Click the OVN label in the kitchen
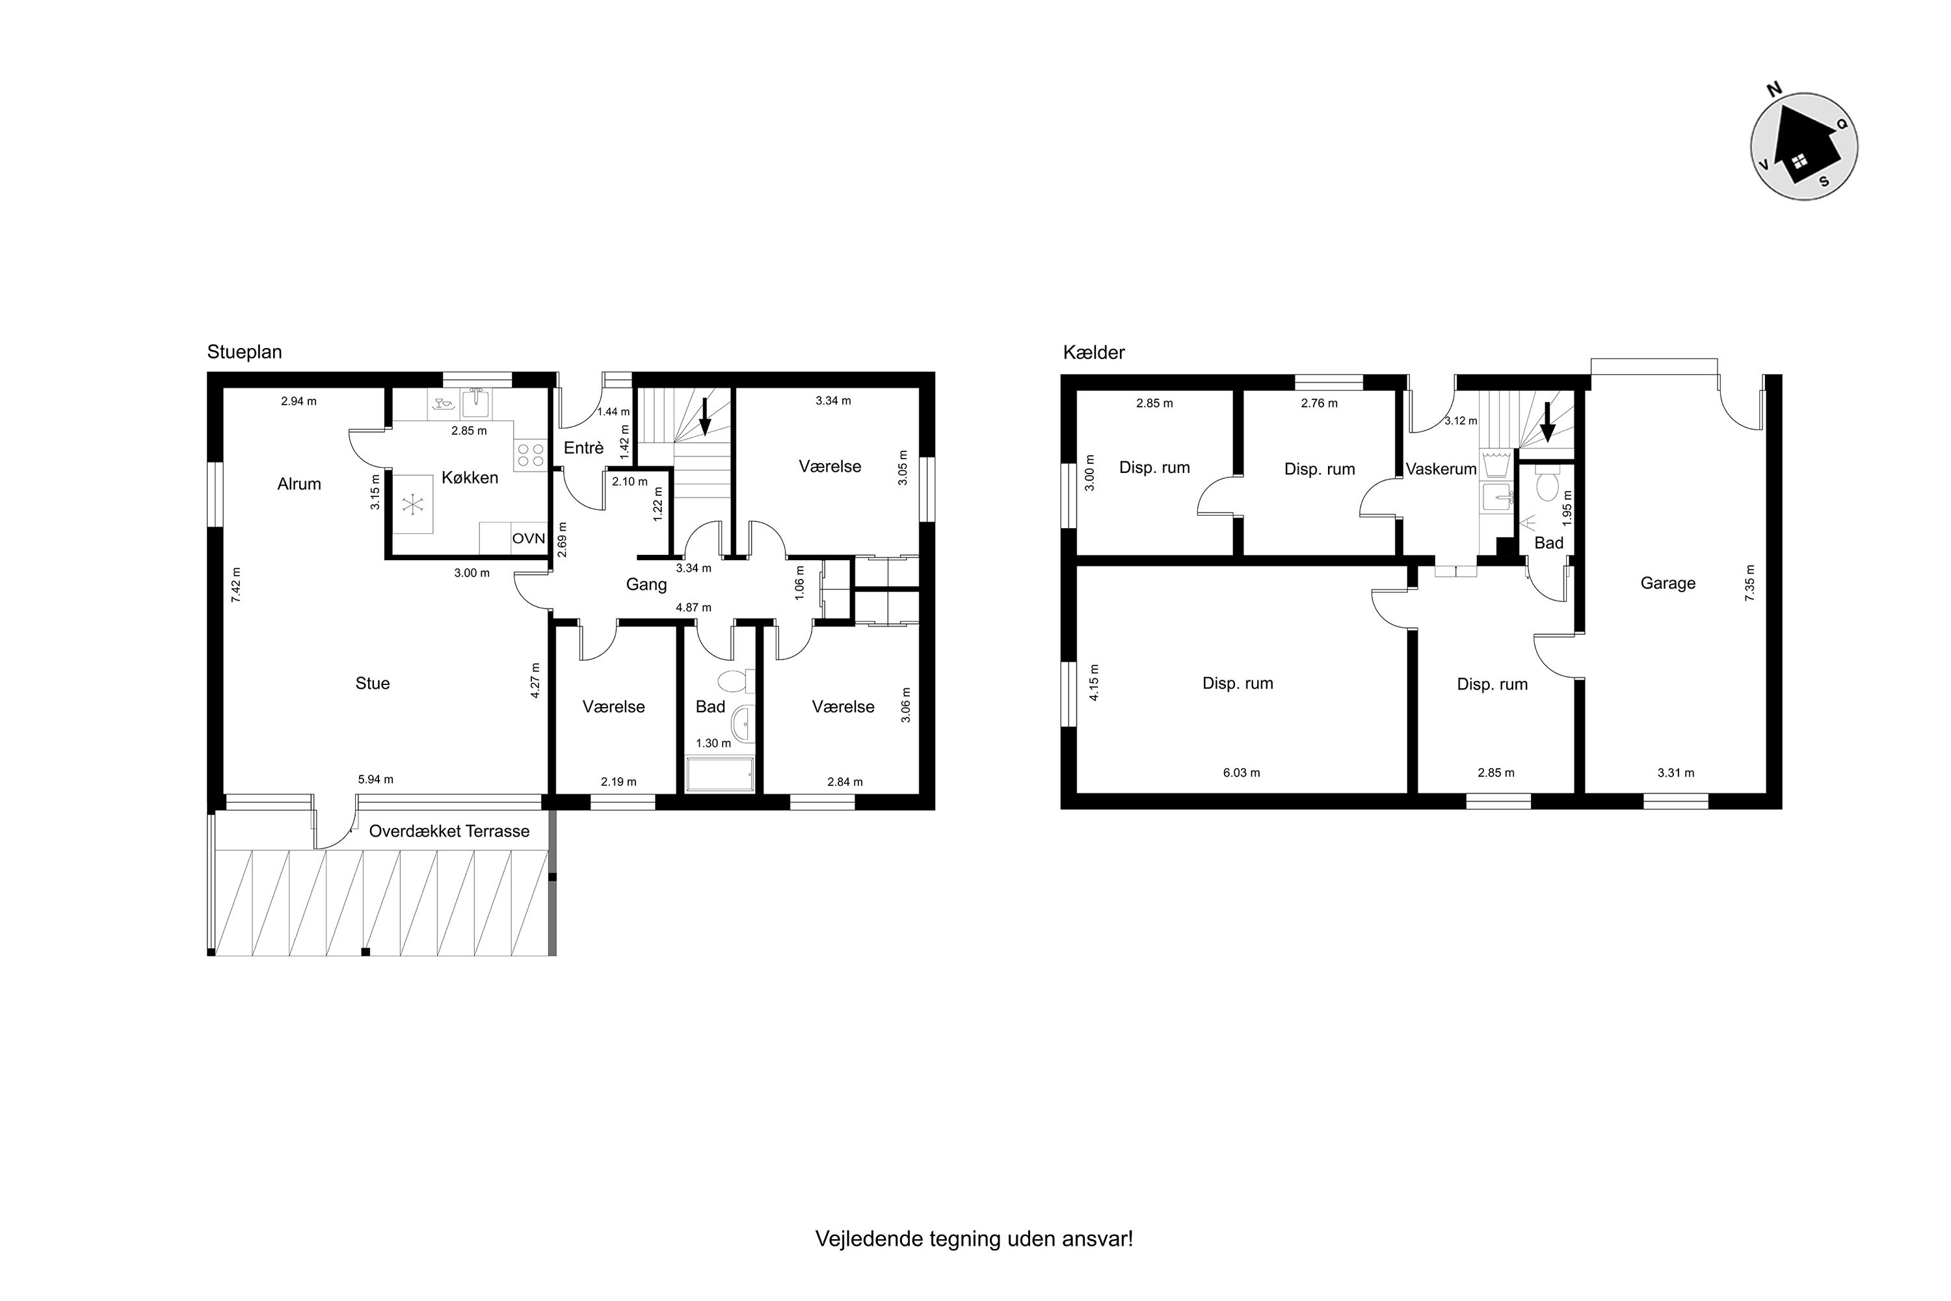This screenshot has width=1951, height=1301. click(x=528, y=539)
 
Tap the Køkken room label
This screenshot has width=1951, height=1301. click(x=470, y=478)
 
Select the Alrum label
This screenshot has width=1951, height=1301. click(x=299, y=485)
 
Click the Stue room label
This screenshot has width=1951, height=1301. click(x=373, y=684)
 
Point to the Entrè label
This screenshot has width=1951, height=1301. click(x=583, y=448)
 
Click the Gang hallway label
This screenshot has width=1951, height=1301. click(x=646, y=585)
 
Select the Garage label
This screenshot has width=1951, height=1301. click(x=1668, y=583)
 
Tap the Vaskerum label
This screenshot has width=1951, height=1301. click(x=1441, y=469)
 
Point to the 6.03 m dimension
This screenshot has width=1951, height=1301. click(x=1241, y=773)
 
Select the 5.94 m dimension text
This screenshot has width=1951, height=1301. click(x=376, y=780)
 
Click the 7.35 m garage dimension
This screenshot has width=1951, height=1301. click(x=1750, y=583)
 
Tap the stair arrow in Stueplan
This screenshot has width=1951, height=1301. click(x=705, y=416)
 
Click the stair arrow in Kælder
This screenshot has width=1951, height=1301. click(x=1547, y=423)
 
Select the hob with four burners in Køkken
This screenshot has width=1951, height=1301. click(x=531, y=455)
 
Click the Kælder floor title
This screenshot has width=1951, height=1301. click(x=1093, y=353)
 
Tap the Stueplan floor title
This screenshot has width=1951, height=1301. click(x=244, y=353)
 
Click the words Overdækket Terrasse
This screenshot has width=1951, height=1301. click(x=449, y=831)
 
